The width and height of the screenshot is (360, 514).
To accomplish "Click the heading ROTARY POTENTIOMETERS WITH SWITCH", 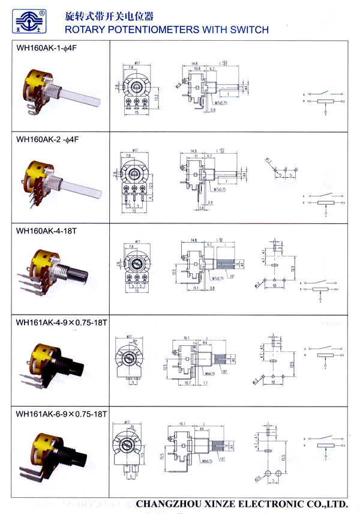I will click(166, 29).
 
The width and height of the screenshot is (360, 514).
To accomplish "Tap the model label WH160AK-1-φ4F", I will click(48, 50).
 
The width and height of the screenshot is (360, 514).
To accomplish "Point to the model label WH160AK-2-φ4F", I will click(48, 139).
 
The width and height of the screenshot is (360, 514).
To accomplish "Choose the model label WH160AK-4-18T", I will click(46, 230).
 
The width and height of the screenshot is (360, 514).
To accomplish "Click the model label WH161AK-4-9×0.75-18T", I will click(62, 322).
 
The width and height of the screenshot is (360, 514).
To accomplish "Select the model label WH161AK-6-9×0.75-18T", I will click(62, 414).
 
